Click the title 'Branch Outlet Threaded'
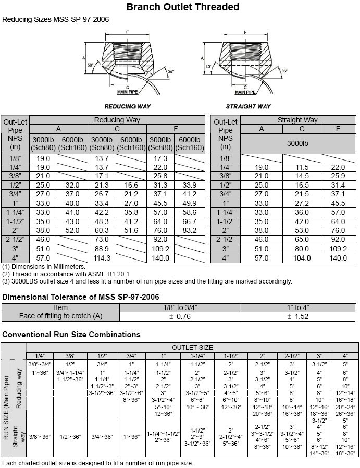coord(183,7)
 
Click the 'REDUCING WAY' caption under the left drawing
coord(128,106)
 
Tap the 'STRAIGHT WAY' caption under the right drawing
coord(249,106)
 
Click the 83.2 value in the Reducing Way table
coord(190,230)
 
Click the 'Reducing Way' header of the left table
coord(117,120)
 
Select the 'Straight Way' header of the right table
coord(297,120)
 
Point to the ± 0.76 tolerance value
coord(180,316)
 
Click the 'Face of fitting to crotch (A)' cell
coord(61,316)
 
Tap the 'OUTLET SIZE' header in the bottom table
coord(192,348)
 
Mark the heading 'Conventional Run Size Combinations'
coord(71,335)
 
